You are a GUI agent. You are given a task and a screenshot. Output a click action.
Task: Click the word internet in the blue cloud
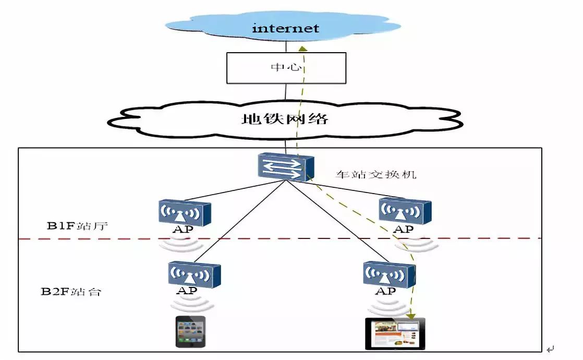(x=285, y=28)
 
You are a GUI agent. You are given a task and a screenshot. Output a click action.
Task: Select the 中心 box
(x=286, y=68)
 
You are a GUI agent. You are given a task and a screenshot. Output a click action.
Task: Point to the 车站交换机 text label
(x=375, y=175)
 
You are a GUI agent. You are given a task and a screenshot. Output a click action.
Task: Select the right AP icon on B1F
(x=405, y=211)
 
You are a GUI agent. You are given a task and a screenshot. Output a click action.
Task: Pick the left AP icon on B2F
(x=194, y=274)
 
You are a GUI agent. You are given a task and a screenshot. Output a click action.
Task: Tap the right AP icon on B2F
(x=390, y=274)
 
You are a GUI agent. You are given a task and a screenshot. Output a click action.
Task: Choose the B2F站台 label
(x=71, y=291)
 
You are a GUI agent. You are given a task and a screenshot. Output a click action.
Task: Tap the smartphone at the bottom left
(x=190, y=331)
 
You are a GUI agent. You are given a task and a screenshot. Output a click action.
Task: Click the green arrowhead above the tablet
(x=411, y=315)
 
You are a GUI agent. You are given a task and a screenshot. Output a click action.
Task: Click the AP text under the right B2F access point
(x=385, y=291)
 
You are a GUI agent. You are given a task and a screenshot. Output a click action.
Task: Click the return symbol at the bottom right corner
(x=551, y=349)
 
